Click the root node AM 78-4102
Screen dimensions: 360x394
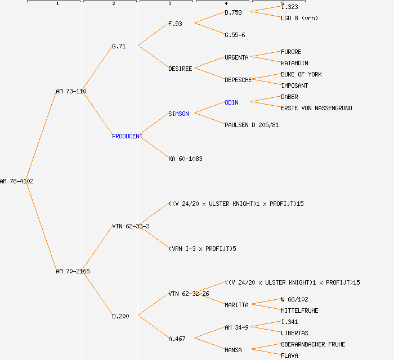coord(17,181)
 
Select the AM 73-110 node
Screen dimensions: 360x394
coord(71,91)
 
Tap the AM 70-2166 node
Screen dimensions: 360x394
coord(73,271)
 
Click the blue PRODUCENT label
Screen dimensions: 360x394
coord(127,136)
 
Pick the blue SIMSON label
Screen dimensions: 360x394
coord(178,114)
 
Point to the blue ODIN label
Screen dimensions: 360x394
coord(231,102)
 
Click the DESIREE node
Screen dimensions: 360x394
coord(180,69)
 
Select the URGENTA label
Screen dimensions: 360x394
coord(236,57)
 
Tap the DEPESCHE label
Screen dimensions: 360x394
coord(238,80)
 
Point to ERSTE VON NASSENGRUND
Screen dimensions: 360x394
coord(316,108)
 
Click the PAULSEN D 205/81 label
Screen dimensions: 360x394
coord(252,125)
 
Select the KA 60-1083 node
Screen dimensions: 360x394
coord(185,159)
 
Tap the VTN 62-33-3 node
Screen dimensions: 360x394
coord(131,226)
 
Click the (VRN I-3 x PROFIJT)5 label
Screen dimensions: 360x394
coord(202,249)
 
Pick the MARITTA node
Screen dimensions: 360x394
coord(236,305)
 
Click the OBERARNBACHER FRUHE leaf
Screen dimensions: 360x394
coord(313,344)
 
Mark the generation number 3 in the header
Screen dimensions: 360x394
coord(169,4)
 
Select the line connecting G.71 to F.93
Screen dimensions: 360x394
coord(153,34)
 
